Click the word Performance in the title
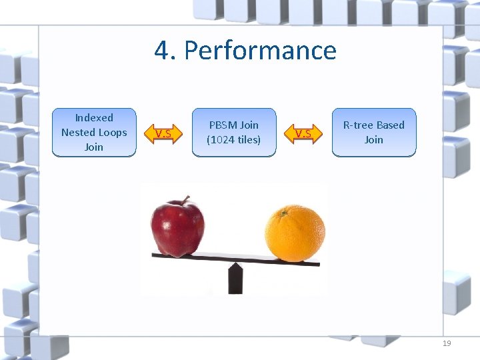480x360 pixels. [260, 51]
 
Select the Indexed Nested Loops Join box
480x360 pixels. [94, 133]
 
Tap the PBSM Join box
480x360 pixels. [233, 133]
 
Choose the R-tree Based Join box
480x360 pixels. [373, 133]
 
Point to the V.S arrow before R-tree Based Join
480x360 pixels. [303, 134]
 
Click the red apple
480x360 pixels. [177, 227]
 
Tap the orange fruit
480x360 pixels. [294, 233]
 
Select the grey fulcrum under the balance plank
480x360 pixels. [235, 276]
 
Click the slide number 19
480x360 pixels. [447, 343]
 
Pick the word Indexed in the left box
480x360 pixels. [94, 118]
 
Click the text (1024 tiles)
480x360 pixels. [233, 140]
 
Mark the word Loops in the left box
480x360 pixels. [113, 133]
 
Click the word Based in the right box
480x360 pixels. [390, 125]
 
